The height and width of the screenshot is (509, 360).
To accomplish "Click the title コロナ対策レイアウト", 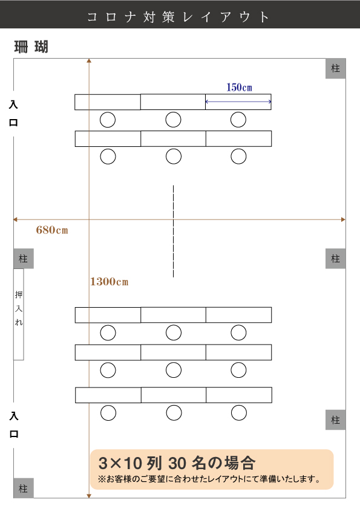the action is point(178,17).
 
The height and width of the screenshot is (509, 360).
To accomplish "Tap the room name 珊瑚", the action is point(31,47).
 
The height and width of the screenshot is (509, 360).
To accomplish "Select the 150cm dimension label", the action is point(239,87).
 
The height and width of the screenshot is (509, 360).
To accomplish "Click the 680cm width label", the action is point(52,230).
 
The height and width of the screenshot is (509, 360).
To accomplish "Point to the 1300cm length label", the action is point(109,282).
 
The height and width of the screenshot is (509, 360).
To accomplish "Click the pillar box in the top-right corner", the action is point(335,68).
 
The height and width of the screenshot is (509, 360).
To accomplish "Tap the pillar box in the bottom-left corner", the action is point(24,488).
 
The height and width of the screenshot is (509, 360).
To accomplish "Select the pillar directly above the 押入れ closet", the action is point(24,259).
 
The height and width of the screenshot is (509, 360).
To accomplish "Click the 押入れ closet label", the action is point(19,308).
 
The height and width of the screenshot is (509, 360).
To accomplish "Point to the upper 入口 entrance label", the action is point(13,114).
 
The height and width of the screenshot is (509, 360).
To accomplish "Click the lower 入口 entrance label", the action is point(14,425).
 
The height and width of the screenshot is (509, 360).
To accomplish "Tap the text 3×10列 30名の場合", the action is point(177,463).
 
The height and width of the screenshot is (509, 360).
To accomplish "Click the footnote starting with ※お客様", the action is point(209,479).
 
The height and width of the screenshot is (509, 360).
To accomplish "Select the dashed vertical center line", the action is point(173,231).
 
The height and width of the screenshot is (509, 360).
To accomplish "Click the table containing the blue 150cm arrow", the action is point(238,102).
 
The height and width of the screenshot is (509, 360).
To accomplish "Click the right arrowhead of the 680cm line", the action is point(344,219).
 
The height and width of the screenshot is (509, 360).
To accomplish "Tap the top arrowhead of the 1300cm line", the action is point(89,60).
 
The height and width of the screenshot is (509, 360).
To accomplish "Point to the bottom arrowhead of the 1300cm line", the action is point(89,496).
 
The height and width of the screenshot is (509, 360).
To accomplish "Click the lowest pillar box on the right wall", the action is point(335,420).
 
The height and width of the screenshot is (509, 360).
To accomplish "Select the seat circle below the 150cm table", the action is point(238,120).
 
